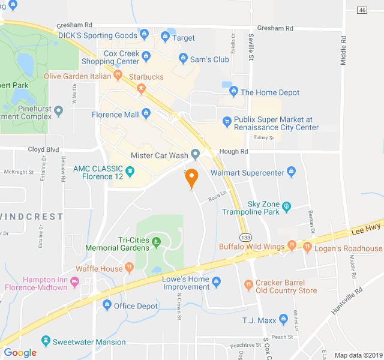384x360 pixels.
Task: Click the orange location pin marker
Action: click(191, 178)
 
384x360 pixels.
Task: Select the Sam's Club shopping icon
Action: click(184, 59)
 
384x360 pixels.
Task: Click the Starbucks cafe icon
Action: click(141, 89)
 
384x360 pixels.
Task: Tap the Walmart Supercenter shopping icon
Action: click(292, 173)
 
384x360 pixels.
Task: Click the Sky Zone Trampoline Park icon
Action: click(287, 206)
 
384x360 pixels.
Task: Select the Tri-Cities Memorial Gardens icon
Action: click(157, 242)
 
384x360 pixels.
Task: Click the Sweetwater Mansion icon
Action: click(46, 341)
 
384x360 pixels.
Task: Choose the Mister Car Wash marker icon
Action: click(195, 154)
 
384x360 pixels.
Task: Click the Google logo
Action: click(20, 352)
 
